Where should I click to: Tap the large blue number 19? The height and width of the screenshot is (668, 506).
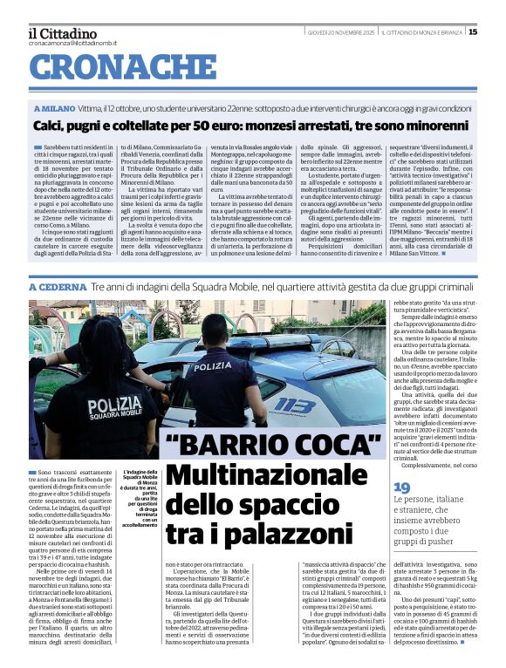pos(401,487)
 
